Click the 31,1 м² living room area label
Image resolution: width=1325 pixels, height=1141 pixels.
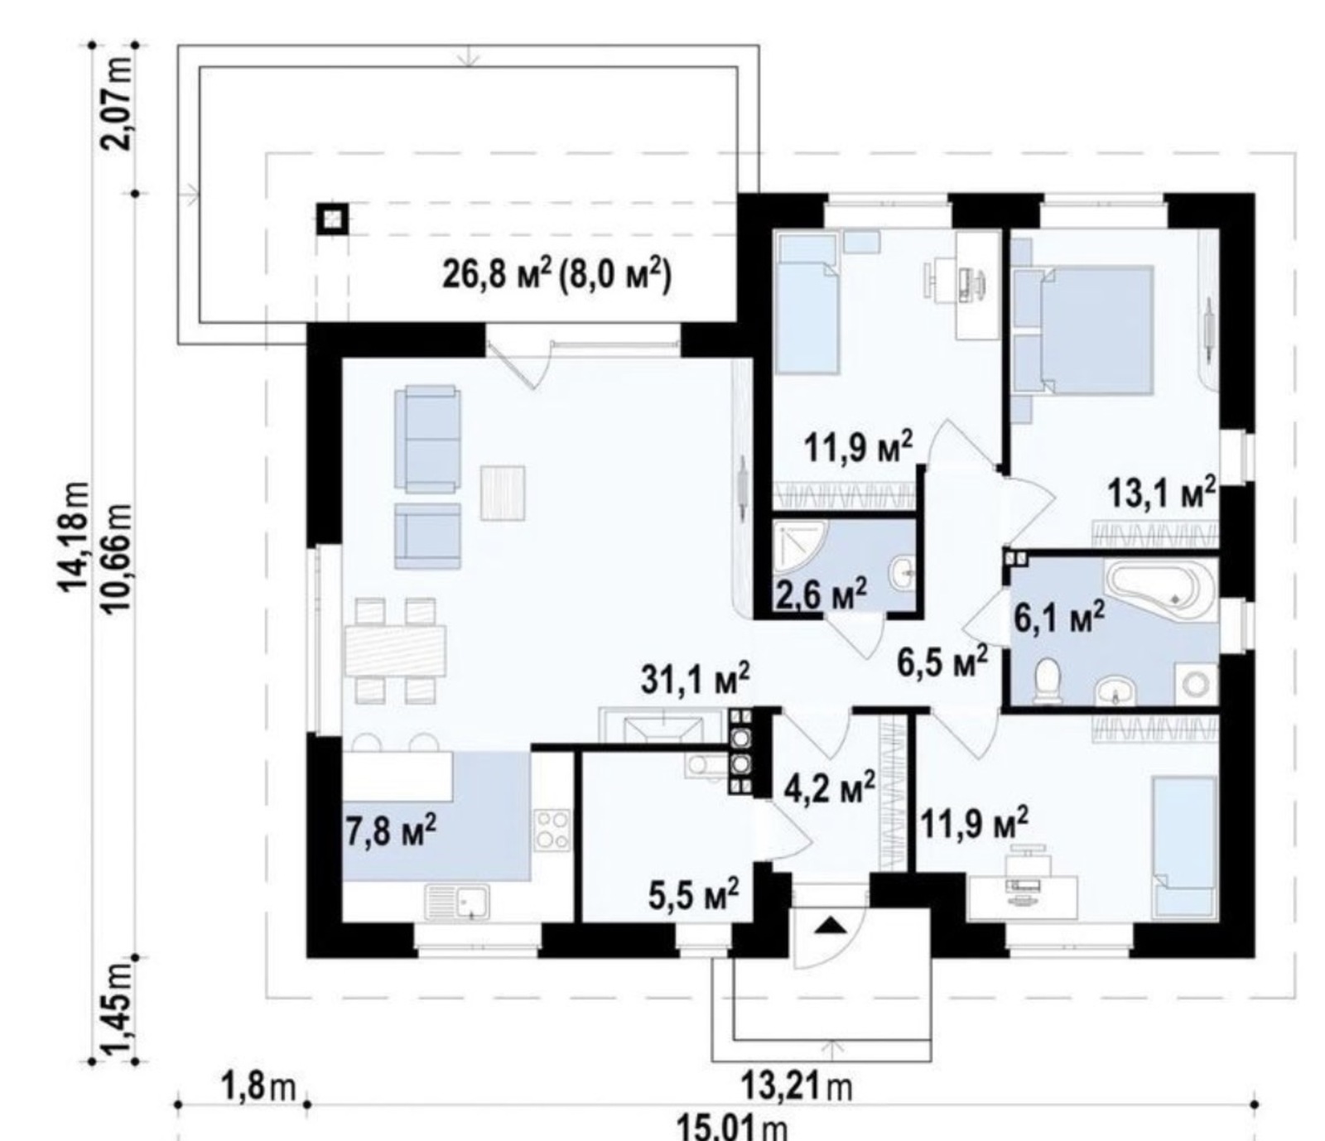click(696, 679)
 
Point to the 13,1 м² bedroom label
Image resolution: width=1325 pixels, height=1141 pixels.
click(1162, 494)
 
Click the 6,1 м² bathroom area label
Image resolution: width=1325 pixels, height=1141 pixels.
click(1058, 617)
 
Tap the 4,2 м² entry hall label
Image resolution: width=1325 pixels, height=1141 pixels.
click(829, 787)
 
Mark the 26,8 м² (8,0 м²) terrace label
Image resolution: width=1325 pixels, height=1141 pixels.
click(556, 273)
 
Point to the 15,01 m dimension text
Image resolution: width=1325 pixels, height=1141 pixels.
click(733, 1126)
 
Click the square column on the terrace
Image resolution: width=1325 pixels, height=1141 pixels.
click(332, 219)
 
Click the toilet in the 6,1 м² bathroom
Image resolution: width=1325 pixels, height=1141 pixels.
click(1049, 681)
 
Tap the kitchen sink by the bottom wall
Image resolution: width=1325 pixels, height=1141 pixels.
click(457, 902)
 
